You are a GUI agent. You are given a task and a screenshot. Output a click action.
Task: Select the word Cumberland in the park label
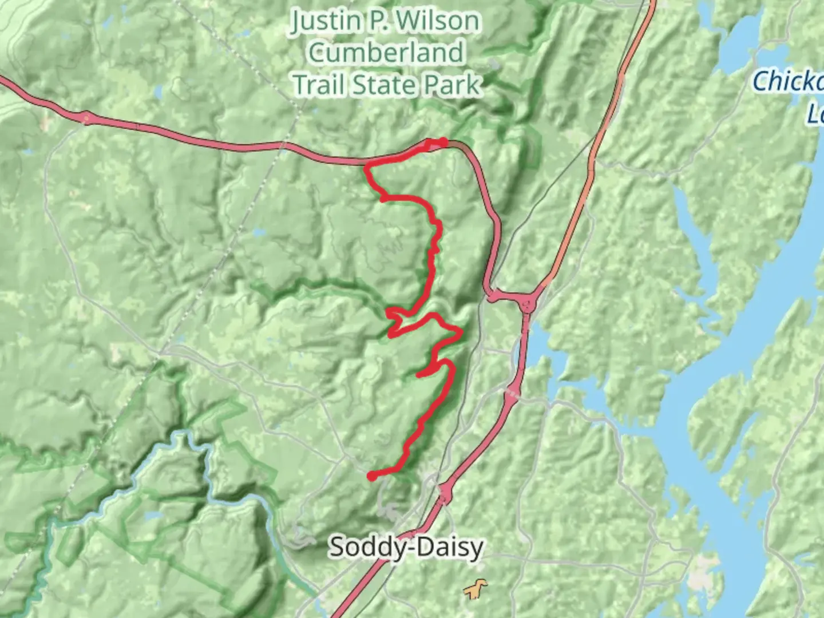[x=386, y=53]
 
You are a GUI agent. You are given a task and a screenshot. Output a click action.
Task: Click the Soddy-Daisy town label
[x=406, y=547]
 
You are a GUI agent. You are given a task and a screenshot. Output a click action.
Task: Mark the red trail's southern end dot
[x=371, y=476]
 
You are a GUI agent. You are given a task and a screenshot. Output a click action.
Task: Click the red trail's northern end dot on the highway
[x=443, y=141]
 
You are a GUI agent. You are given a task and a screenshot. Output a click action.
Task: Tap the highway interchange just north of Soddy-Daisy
[x=445, y=491]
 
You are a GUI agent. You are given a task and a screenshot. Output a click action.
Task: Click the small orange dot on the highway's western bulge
[x=86, y=118]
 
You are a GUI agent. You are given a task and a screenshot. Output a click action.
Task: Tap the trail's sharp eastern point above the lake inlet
[x=461, y=332]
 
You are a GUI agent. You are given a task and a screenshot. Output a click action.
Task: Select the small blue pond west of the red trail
[x=259, y=232]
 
